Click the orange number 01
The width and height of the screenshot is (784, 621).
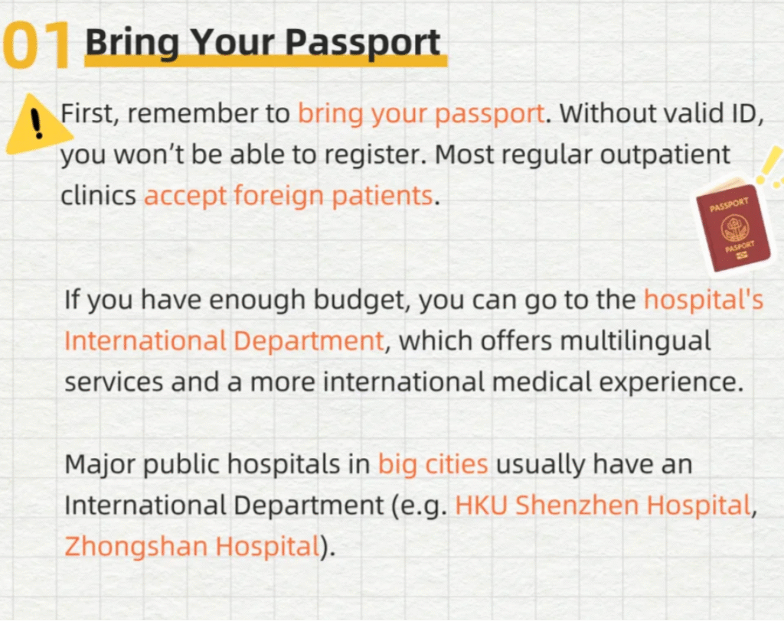(x=37, y=45)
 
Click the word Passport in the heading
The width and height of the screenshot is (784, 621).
(x=363, y=43)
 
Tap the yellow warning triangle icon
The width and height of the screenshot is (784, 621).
(x=38, y=123)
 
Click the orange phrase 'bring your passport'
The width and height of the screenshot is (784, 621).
(x=421, y=115)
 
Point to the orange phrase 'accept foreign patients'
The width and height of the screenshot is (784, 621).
(x=289, y=196)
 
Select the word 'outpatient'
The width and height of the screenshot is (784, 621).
(x=665, y=155)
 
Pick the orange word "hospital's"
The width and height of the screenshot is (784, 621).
(x=703, y=301)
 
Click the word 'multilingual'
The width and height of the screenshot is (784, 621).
(x=635, y=342)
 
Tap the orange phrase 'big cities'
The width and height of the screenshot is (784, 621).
(x=433, y=465)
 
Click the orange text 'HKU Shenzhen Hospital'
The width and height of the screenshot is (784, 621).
(x=603, y=505)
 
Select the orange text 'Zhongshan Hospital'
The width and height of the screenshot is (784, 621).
(x=192, y=547)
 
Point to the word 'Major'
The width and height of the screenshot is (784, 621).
(x=100, y=465)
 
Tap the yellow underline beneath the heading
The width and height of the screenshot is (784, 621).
(x=266, y=61)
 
